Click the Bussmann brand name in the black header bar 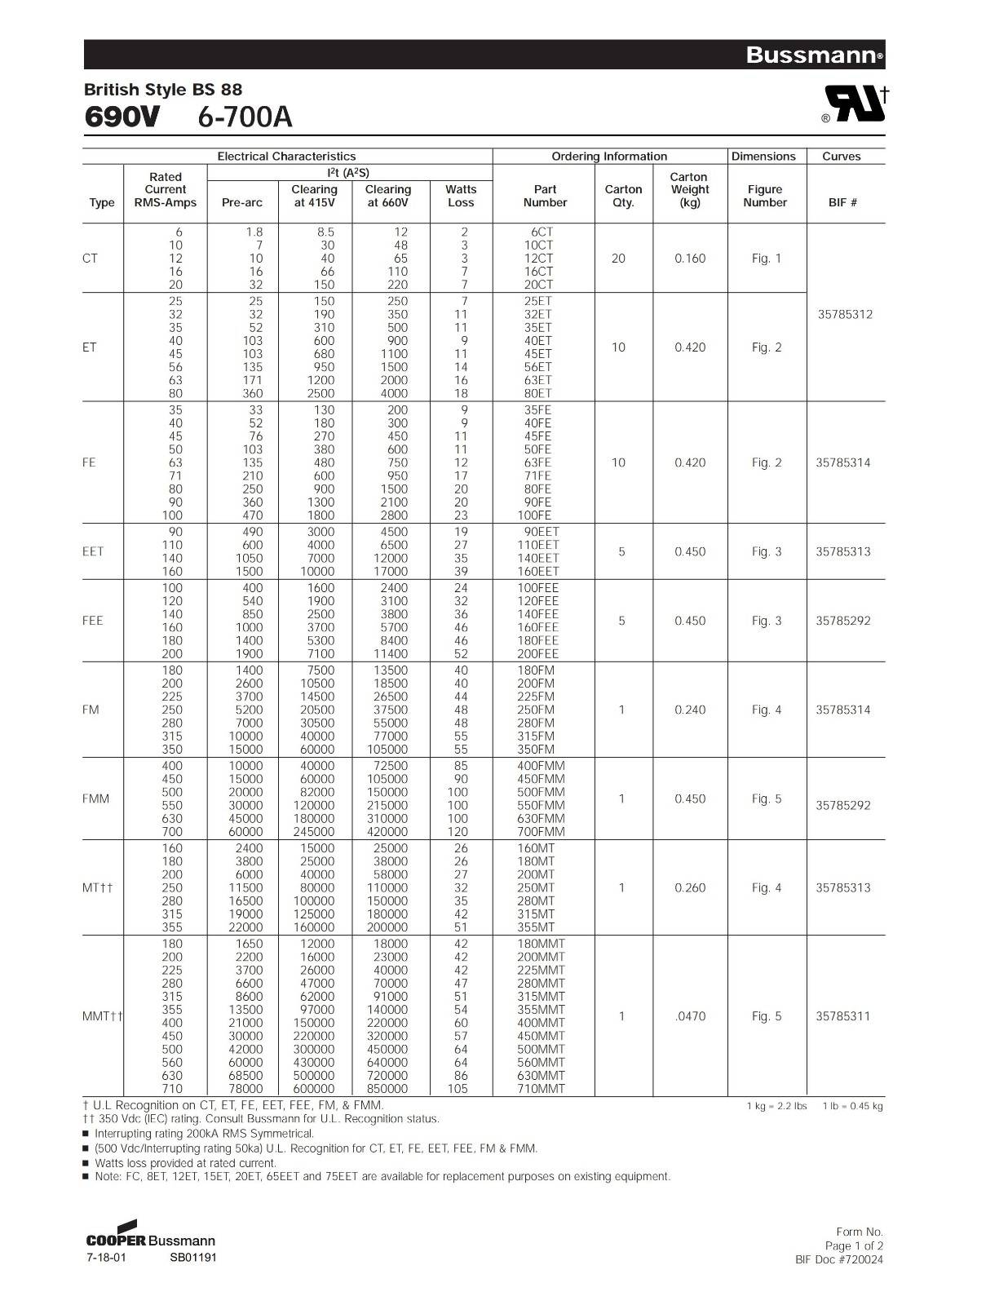pos(813,55)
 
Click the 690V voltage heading pos(122,117)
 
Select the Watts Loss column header pos(461,196)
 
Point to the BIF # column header pos(842,202)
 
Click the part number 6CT pos(538,232)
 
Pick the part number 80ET pos(537,393)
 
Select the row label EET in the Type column pos(93,551)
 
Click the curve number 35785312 pos(845,314)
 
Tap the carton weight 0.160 pos(690,259)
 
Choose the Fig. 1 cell pos(766,259)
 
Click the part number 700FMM pos(541,831)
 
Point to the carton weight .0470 pos(690,1016)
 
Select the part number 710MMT pos(541,1088)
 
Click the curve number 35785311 pos(843,1016)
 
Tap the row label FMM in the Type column pos(95,798)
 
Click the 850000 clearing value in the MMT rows pos(387,1088)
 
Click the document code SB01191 pos(193,1258)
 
